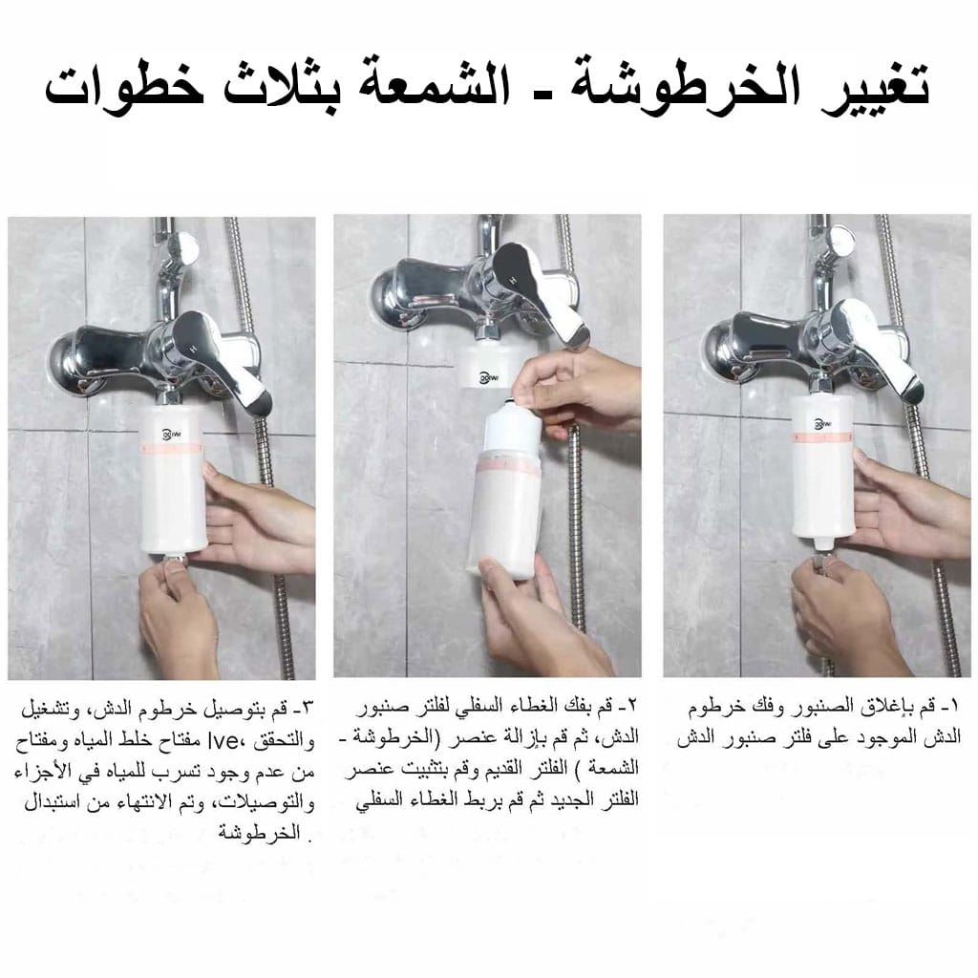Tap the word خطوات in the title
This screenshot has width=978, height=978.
[125, 83]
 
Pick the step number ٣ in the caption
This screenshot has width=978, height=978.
[308, 709]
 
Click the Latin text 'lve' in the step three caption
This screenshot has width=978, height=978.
[223, 740]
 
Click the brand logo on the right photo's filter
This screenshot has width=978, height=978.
[823, 424]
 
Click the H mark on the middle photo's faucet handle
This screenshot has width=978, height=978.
[513, 279]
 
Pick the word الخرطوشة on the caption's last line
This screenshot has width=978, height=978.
[260, 833]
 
